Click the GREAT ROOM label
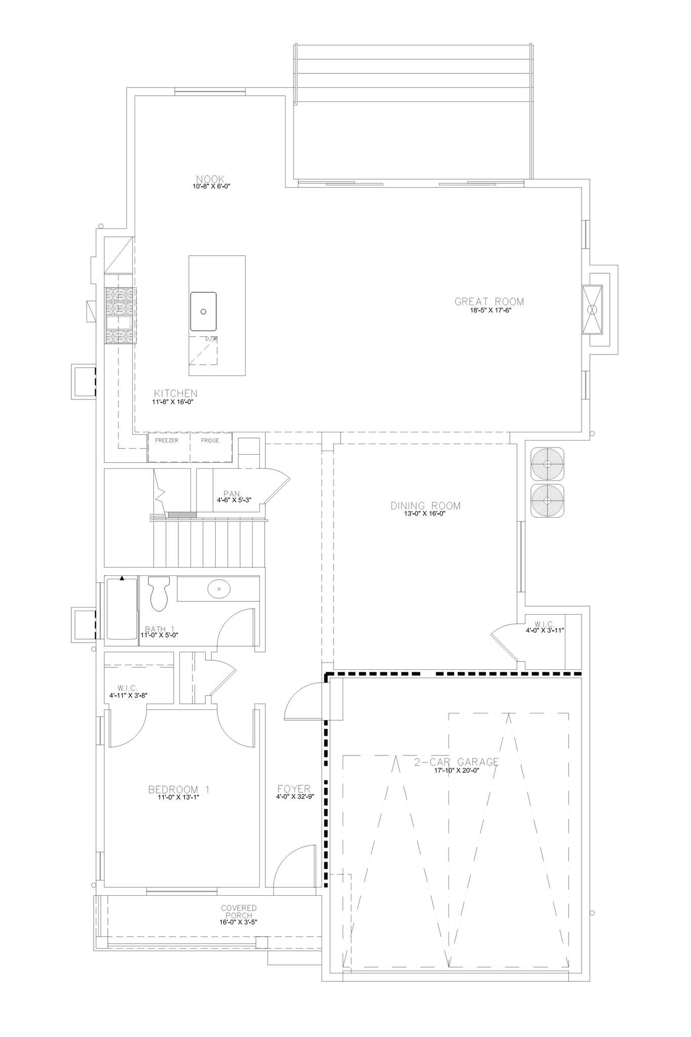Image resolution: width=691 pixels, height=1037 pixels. point(489,302)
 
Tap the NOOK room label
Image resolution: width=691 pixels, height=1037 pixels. point(211,179)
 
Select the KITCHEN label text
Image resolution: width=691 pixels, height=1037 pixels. point(176,393)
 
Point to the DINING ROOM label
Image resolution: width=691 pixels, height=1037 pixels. point(426,506)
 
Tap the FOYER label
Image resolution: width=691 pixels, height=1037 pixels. point(294,789)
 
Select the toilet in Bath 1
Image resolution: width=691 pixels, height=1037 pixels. point(158,593)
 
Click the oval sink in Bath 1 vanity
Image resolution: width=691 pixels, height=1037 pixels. point(219,589)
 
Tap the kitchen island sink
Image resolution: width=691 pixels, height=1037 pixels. point(204,311)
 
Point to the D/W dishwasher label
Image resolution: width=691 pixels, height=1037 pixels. point(211,338)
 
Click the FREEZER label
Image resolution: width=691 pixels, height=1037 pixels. point(167,441)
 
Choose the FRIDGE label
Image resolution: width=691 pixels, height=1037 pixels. point(210,441)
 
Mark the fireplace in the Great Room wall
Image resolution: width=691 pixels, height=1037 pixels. point(592,309)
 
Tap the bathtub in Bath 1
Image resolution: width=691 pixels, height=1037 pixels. point(121,610)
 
